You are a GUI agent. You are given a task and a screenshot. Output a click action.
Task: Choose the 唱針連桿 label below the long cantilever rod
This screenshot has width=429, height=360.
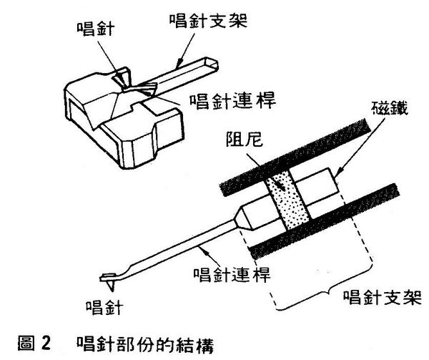point(223,275)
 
